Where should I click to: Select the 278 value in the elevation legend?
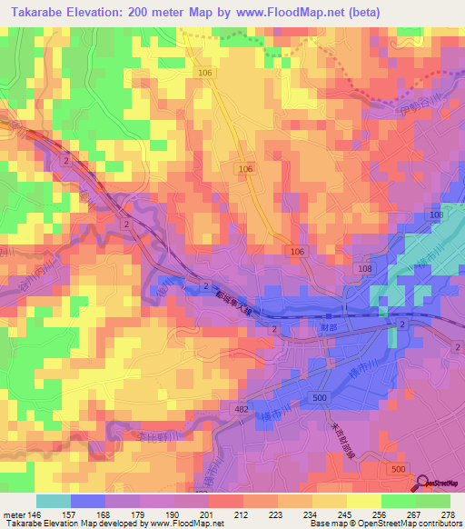click(x=447, y=515)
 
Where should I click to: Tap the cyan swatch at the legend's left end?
click(x=54, y=501)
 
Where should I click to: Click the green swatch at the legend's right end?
click(x=433, y=501)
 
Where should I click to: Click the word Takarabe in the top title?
click(x=40, y=12)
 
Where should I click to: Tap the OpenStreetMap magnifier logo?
click(x=422, y=484)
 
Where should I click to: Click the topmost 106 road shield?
click(x=203, y=71)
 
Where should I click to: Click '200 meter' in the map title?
click(x=170, y=12)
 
